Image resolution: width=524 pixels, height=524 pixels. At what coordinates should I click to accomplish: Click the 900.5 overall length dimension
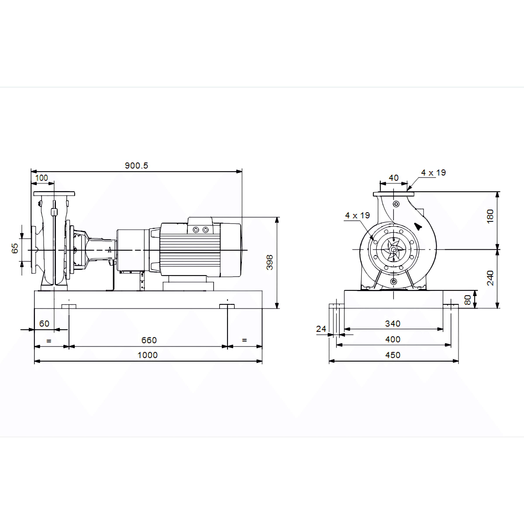[136, 165]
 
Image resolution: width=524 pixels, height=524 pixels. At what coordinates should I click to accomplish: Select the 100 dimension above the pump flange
[41, 178]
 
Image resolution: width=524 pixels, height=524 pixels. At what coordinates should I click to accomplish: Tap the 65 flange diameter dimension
[15, 248]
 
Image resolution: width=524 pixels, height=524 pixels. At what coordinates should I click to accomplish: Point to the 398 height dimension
[270, 262]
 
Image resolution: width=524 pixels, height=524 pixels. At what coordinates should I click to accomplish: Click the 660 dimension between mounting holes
[149, 340]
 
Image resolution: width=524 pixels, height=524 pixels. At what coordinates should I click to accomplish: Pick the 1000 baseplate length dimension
[147, 355]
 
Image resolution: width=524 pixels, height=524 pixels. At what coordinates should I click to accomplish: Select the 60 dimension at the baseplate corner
[44, 324]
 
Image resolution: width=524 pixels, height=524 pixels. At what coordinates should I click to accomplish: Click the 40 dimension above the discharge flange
[393, 178]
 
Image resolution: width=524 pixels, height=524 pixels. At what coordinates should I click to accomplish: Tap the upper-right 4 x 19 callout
[433, 172]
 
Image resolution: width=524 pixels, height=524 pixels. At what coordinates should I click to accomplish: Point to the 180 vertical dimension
[490, 216]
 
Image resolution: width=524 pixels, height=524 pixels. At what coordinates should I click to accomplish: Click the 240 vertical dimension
[490, 278]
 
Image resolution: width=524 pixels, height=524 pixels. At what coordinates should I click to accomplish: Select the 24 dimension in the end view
[321, 329]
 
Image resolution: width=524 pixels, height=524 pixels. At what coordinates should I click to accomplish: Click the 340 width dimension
[393, 324]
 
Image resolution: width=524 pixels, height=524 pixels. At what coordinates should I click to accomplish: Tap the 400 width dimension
[393, 339]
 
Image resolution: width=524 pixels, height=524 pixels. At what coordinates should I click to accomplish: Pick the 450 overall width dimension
[393, 355]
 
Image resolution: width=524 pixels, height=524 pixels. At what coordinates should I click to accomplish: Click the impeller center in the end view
[393, 250]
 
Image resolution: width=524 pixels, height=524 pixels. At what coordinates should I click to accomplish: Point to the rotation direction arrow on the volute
[418, 226]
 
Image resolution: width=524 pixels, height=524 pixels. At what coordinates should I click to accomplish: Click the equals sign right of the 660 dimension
[244, 340]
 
